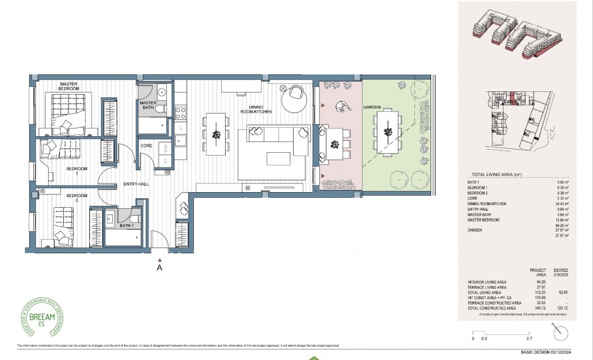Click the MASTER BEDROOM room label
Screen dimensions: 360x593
click(x=69, y=86)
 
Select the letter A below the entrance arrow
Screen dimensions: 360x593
click(x=160, y=266)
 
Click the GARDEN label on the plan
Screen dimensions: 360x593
click(x=370, y=106)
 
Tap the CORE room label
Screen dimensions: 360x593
click(x=147, y=146)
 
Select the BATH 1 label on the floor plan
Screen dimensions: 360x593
click(x=126, y=225)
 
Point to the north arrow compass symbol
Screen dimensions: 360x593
click(x=561, y=332)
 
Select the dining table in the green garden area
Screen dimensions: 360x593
click(x=388, y=132)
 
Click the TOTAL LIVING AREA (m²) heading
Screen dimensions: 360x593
click(x=496, y=174)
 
